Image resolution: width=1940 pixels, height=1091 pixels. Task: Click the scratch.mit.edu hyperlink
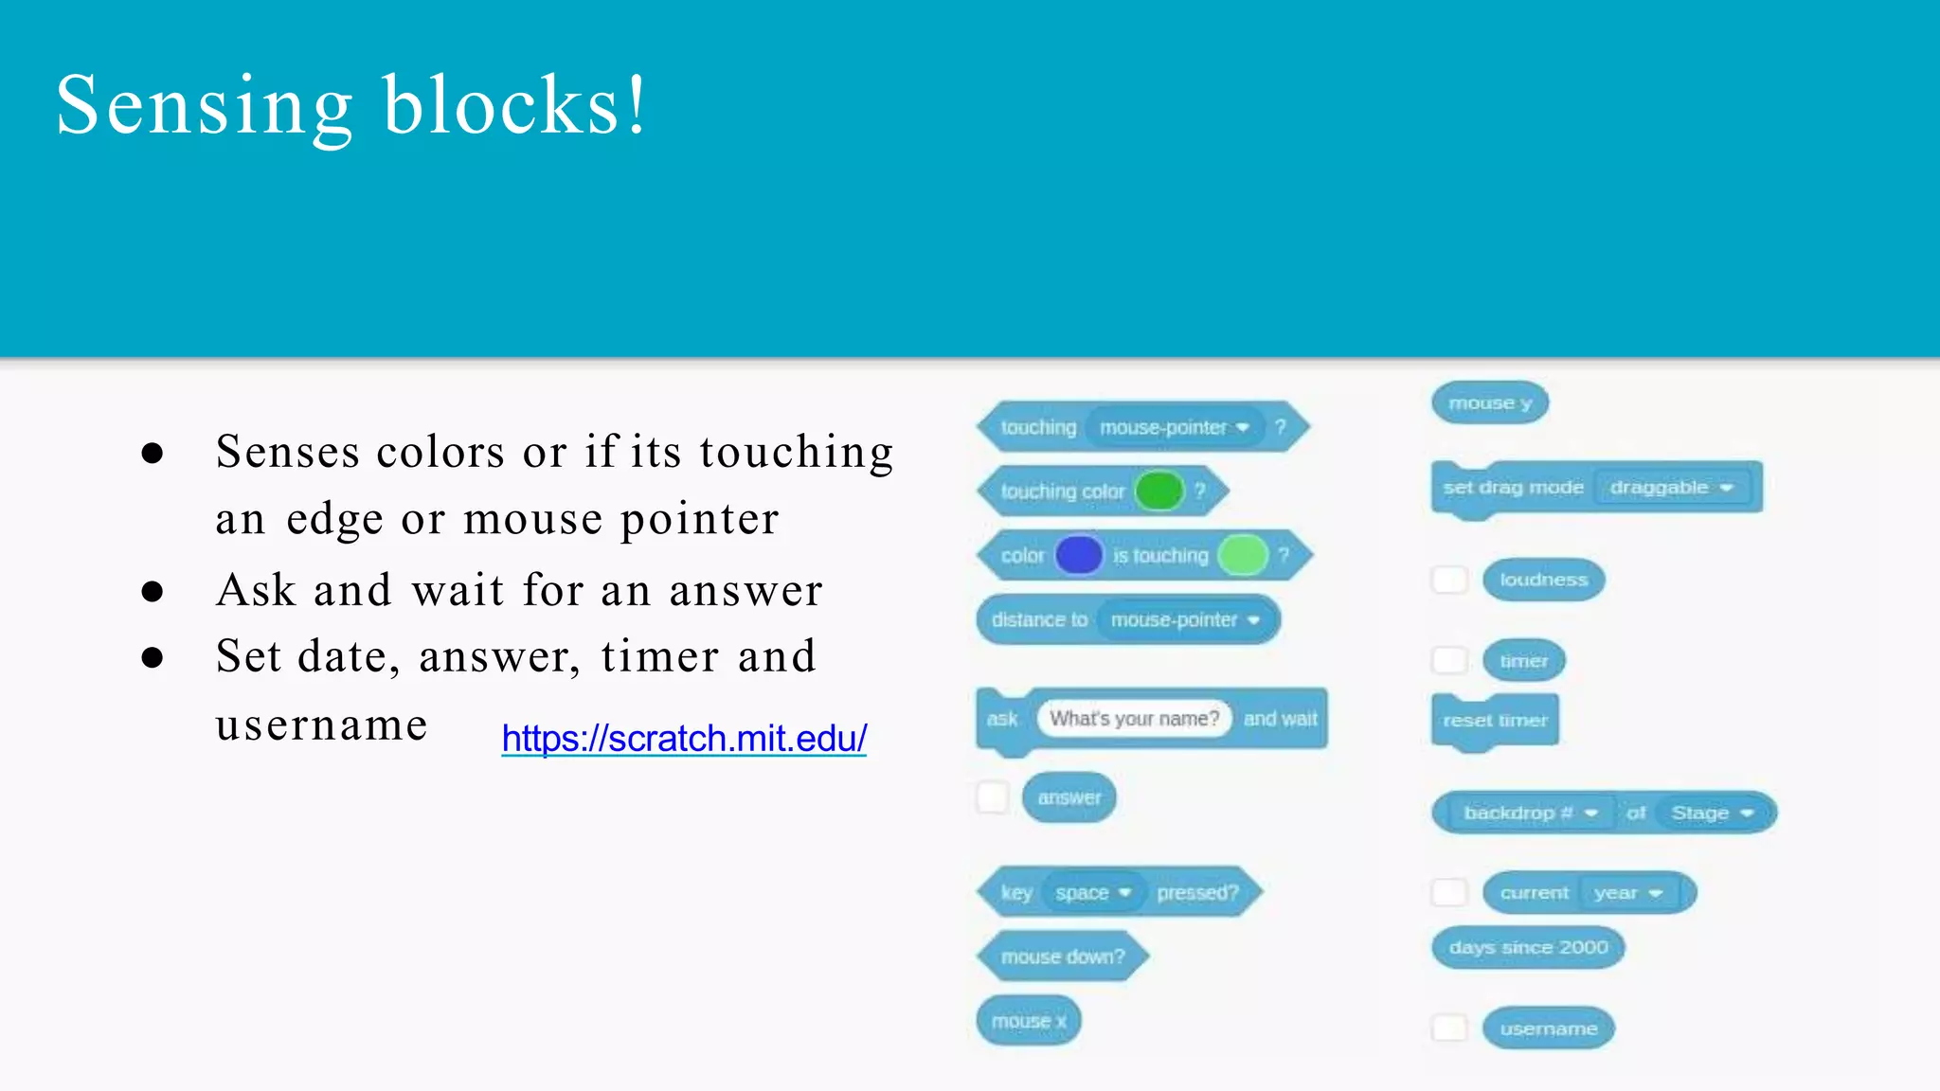684,739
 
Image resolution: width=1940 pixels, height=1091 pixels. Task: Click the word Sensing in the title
204,106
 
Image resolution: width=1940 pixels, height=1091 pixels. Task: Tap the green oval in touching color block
1159,491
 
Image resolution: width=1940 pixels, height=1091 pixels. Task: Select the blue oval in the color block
1079,555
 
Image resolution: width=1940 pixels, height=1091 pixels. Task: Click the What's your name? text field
1134,719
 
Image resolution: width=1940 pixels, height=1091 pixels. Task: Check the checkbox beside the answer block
992,797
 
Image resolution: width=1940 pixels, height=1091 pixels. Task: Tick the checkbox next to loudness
1449,580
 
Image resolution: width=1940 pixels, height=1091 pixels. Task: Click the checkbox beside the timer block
1449,660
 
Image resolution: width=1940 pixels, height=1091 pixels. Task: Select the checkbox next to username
1449,1028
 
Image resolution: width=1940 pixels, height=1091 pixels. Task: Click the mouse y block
1490,403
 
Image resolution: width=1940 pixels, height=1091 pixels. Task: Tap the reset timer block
1495,721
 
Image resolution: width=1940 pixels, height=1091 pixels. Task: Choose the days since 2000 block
1528,948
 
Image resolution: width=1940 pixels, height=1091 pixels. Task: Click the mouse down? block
1062,957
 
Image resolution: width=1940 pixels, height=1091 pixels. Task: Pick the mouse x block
1029,1021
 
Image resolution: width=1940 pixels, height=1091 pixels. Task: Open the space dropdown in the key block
1093,893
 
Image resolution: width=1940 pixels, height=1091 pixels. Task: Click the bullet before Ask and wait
152,592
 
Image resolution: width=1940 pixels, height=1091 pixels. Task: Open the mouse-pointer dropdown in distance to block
1184,620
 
